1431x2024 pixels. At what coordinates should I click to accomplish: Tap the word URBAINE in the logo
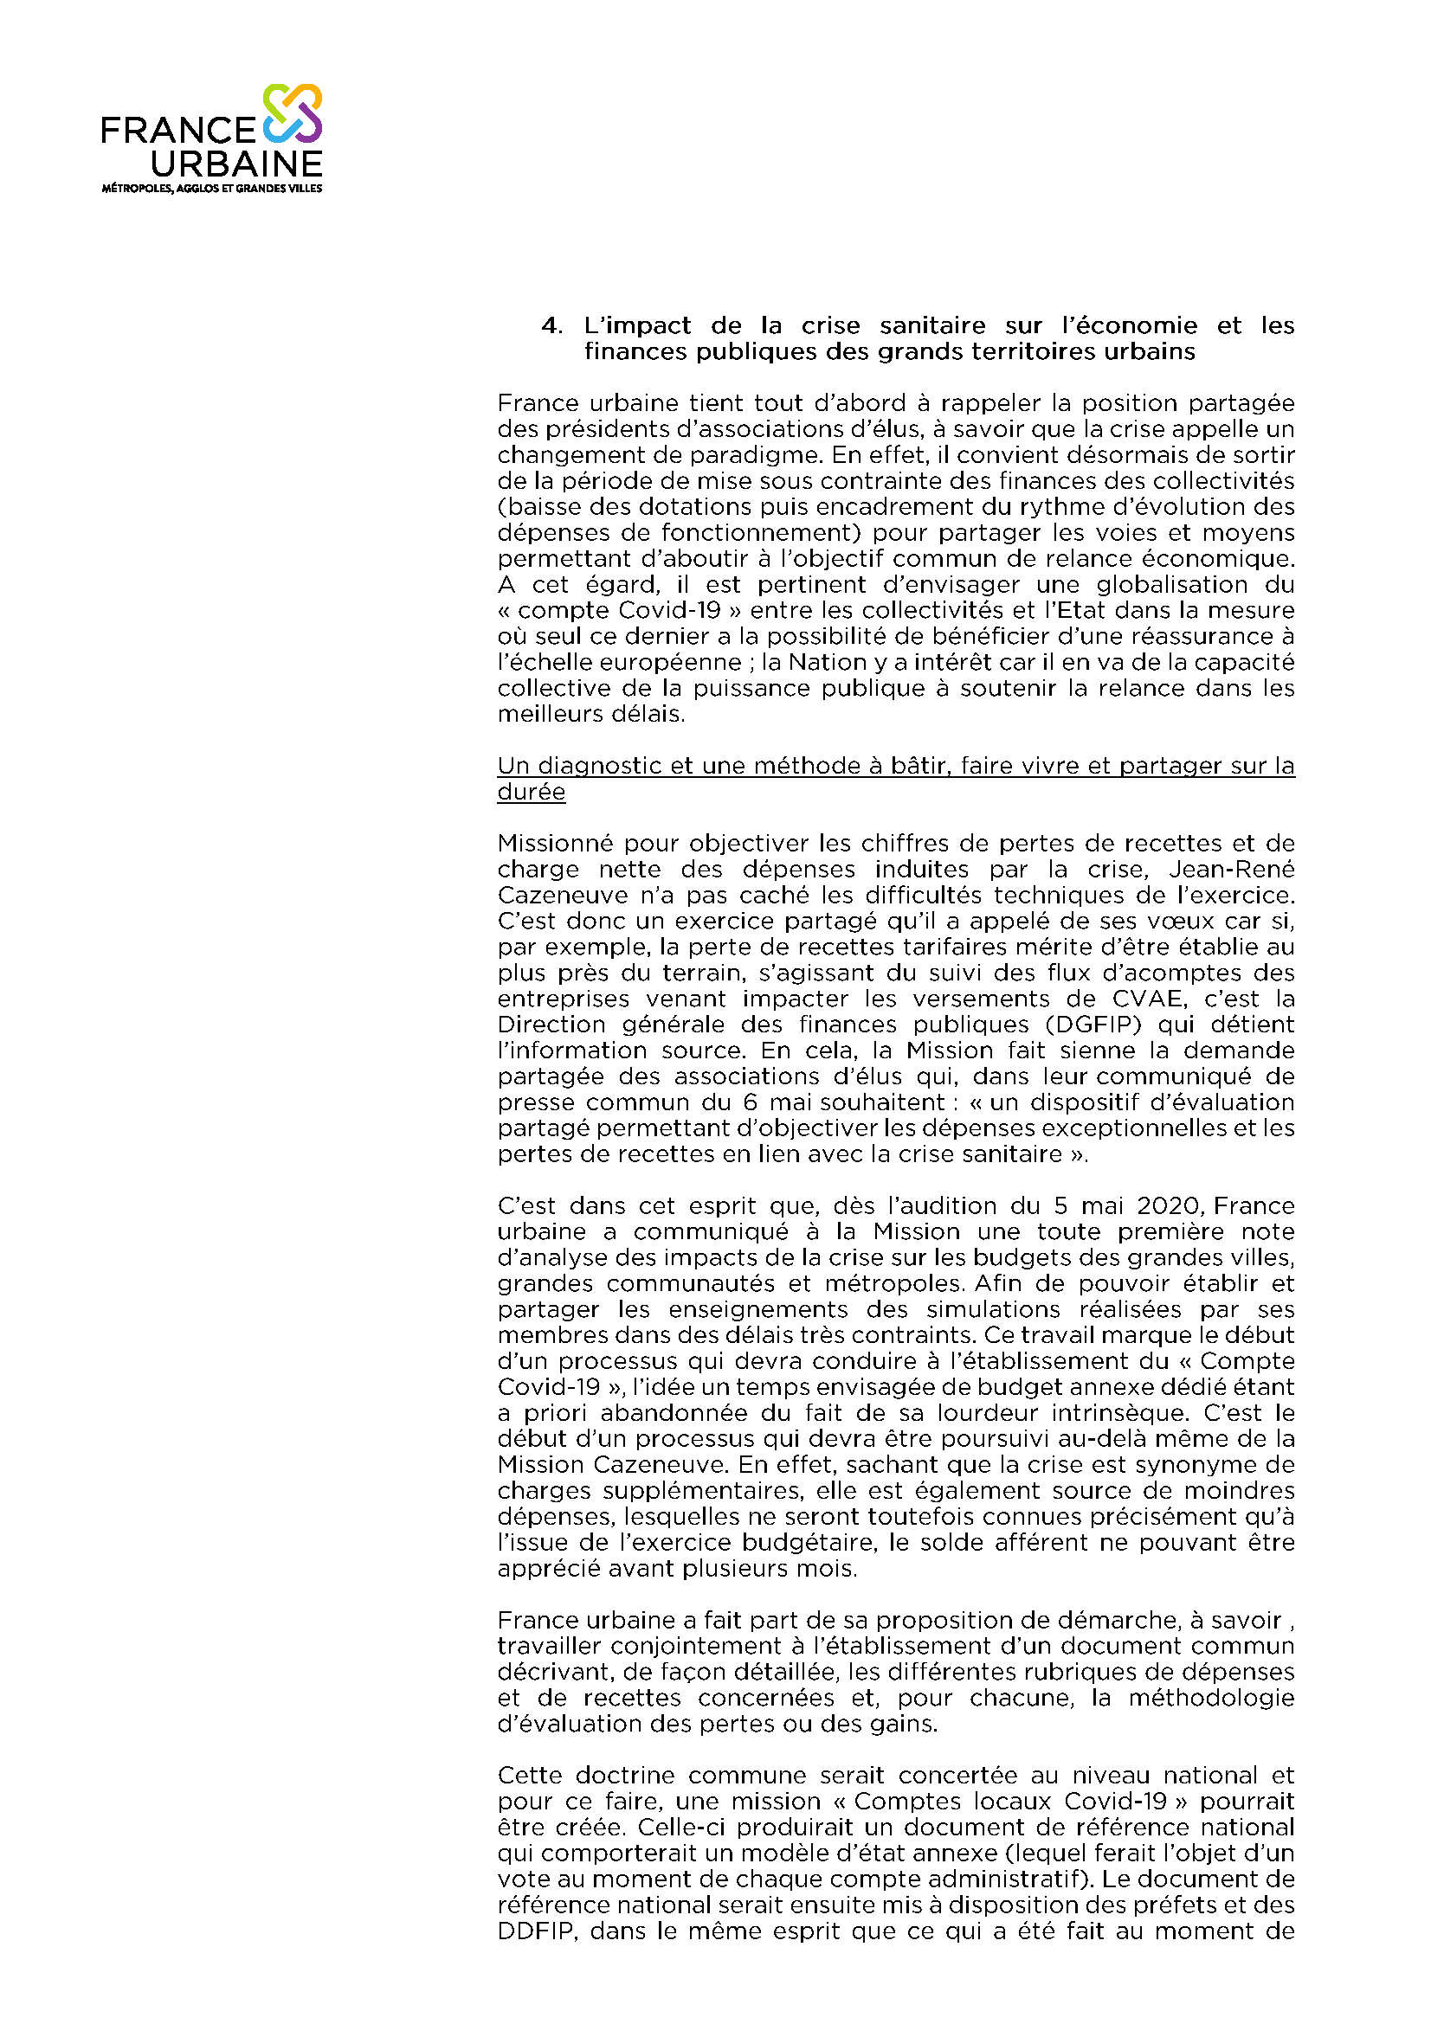tap(236, 164)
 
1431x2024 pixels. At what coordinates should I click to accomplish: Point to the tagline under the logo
tap(211, 189)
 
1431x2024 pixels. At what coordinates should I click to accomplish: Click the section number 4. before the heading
tap(552, 326)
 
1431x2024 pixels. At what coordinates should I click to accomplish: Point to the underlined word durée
tap(531, 793)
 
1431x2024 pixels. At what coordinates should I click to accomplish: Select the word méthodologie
tap(1211, 1699)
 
